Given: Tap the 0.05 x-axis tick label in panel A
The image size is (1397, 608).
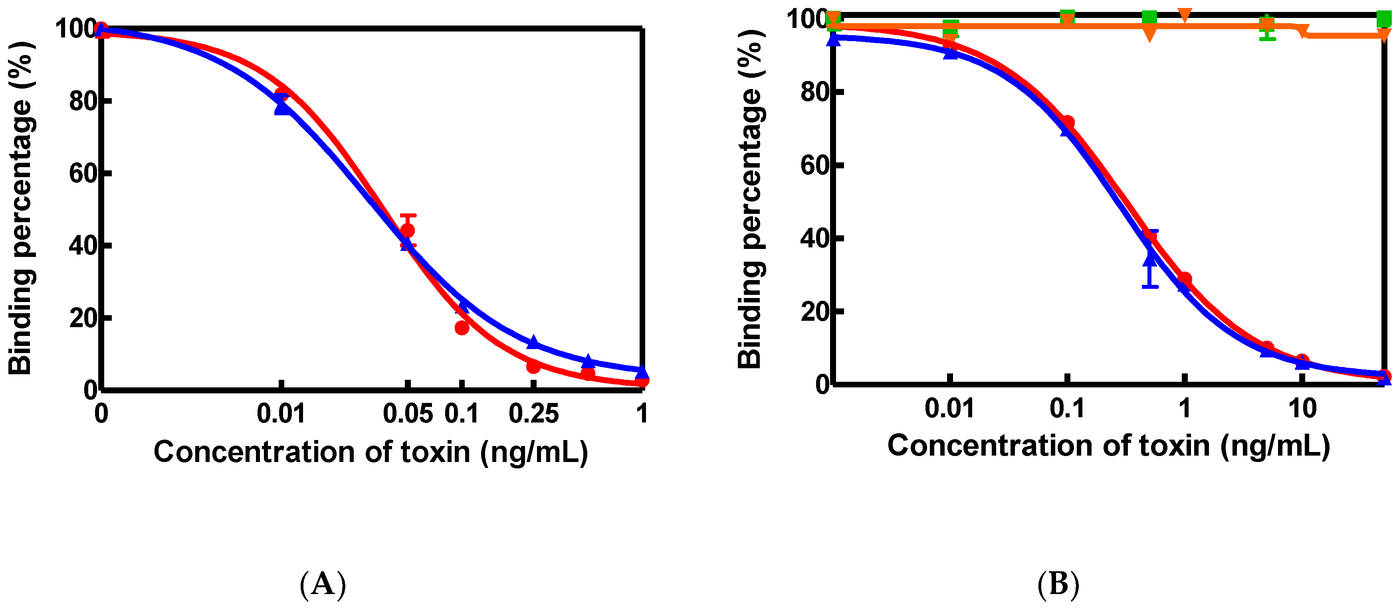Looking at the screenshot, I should point(408,414).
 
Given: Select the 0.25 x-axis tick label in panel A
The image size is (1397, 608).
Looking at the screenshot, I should point(534,414).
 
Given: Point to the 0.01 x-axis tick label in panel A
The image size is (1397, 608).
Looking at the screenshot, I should point(281,414).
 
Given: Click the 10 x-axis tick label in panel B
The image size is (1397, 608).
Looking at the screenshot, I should point(1302,409).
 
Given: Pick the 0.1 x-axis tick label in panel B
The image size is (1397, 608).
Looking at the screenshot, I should point(1067,409).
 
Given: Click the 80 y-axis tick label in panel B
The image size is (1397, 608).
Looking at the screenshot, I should point(814,92).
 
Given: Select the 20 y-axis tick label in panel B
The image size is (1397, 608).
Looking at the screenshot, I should point(814,312).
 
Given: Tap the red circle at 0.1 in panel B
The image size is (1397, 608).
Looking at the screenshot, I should point(1067,122).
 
